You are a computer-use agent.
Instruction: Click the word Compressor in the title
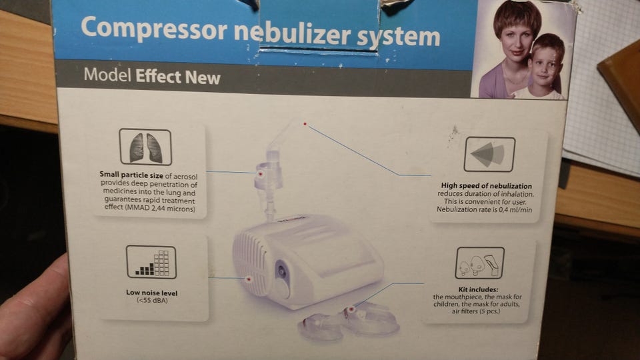click(x=154, y=29)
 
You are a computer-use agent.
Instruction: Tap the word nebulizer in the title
click(x=293, y=33)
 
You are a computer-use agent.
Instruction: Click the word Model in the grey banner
click(x=107, y=75)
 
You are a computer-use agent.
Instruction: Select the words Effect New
click(x=178, y=77)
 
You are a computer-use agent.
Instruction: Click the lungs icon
click(x=145, y=147)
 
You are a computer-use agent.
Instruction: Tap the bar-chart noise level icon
click(x=151, y=262)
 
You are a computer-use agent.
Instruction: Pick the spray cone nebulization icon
click(x=489, y=154)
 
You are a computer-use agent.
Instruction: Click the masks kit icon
click(x=479, y=263)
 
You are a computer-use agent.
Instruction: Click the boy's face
click(x=545, y=66)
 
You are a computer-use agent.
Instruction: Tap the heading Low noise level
click(x=152, y=293)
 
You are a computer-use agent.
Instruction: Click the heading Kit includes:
click(x=478, y=289)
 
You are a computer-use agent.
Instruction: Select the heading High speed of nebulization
click(x=487, y=186)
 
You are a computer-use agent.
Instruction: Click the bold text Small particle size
click(x=131, y=175)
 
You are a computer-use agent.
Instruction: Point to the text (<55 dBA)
click(x=152, y=301)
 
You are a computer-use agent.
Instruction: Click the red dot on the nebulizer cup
click(x=260, y=174)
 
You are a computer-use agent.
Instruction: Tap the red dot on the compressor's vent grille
click(x=248, y=279)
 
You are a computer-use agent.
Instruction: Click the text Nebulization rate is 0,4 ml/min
click(x=485, y=209)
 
